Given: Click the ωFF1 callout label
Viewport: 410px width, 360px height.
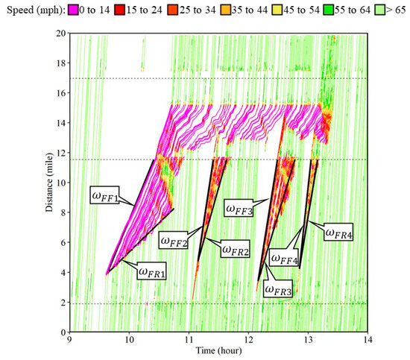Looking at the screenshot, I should click(x=107, y=199).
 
